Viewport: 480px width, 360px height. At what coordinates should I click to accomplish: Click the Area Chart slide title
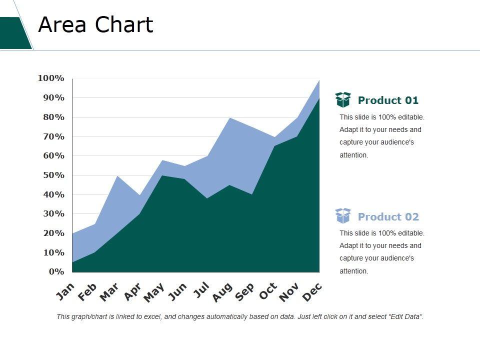tap(95, 24)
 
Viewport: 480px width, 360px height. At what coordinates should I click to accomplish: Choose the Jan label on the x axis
tap(65, 291)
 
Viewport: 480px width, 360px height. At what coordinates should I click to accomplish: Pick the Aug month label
tap(222, 292)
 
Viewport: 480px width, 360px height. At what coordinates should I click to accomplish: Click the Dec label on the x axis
tap(313, 292)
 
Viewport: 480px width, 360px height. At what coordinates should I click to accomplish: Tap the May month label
tap(154, 293)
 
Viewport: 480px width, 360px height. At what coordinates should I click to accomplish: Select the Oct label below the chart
tap(268, 291)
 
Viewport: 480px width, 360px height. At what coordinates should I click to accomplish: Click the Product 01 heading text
tap(388, 100)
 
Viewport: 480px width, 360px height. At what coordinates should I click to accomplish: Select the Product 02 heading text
tap(388, 217)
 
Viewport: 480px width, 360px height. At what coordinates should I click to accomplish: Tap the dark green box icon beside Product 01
tap(343, 100)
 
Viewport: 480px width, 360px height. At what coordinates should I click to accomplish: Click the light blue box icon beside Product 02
tap(343, 216)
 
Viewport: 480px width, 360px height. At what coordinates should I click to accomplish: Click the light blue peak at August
tap(229, 118)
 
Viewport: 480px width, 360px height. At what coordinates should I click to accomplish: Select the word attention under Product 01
tap(353, 155)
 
